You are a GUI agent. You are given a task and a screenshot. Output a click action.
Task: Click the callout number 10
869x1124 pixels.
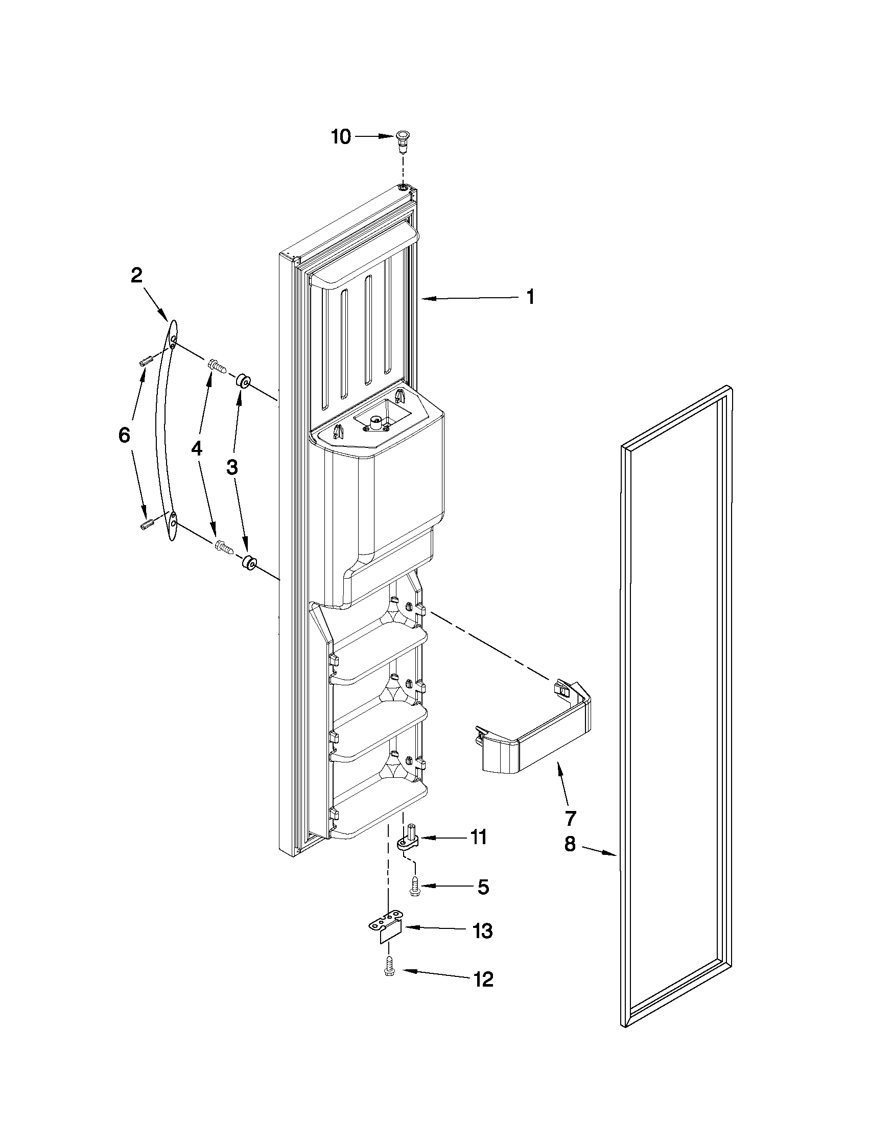click(341, 137)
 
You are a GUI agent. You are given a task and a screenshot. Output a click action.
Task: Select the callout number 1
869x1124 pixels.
click(530, 297)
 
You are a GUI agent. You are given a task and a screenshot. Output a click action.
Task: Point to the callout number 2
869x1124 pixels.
click(136, 276)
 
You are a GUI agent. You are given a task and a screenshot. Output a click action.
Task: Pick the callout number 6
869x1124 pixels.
click(124, 436)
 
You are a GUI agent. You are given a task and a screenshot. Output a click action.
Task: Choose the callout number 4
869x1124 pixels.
click(197, 449)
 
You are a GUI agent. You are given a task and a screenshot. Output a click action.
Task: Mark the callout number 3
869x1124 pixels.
click(231, 467)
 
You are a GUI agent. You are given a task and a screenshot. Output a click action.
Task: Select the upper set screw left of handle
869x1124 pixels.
click(146, 361)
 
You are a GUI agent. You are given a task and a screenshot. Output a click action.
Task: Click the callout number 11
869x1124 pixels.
click(479, 838)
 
